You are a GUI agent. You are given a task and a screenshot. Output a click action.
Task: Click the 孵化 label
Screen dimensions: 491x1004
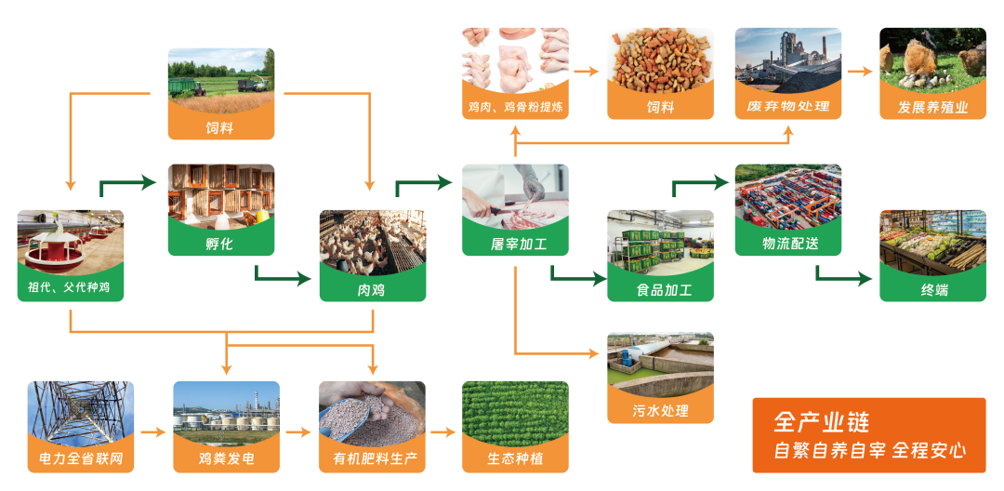[x=221, y=244]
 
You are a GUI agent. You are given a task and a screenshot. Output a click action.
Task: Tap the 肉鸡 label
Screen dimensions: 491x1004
[x=372, y=289]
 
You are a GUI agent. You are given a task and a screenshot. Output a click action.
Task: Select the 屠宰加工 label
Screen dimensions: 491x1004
[x=515, y=244]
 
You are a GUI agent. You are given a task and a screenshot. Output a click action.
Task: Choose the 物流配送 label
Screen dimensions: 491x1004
[x=788, y=244]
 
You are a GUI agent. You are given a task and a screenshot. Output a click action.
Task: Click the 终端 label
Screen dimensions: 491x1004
[x=933, y=289]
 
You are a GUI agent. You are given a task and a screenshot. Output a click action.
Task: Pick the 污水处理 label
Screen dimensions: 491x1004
[x=660, y=410]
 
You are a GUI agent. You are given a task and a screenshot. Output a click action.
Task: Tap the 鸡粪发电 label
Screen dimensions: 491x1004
[x=226, y=459]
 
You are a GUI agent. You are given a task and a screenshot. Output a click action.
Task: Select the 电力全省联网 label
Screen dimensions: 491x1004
[x=81, y=459]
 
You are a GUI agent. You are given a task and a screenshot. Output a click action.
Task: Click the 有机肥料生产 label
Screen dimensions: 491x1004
[x=372, y=459]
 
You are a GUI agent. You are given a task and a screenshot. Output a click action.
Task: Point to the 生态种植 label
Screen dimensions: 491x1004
[x=515, y=459]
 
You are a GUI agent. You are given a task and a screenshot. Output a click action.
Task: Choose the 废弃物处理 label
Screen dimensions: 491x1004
[x=788, y=107]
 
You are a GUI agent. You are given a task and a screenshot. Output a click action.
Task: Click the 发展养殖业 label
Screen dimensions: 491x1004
[x=933, y=107]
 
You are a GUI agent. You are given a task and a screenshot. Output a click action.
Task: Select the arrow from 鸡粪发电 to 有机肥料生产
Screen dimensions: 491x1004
[x=298, y=433]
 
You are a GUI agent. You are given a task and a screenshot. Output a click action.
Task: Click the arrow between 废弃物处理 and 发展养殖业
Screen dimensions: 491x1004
[x=860, y=72]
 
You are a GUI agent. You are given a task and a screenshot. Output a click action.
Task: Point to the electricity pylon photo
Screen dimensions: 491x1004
[x=81, y=412]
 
